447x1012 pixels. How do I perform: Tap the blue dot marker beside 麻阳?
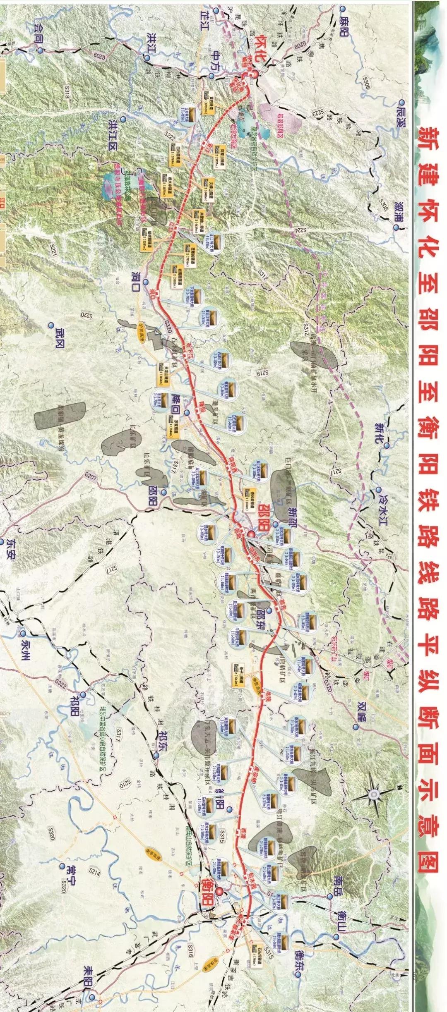coord(341,8)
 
